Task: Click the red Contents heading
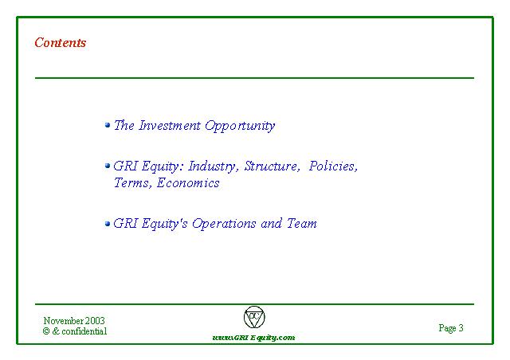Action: (61, 42)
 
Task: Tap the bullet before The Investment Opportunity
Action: (108, 125)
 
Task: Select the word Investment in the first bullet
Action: (170, 125)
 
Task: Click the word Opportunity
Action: (240, 127)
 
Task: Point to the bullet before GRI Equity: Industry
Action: (108, 166)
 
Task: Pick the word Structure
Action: (272, 166)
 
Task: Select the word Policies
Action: (333, 166)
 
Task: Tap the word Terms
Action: (133, 182)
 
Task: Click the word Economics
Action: (188, 182)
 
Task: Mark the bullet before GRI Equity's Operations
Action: (108, 224)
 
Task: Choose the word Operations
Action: (224, 224)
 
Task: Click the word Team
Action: (301, 224)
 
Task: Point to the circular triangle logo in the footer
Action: (254, 317)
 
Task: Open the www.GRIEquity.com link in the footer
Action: (253, 338)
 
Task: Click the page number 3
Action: (461, 327)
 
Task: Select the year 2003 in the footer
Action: (95, 321)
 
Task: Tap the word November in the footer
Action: (64, 321)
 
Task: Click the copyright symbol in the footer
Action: (46, 331)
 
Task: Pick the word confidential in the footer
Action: (84, 331)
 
